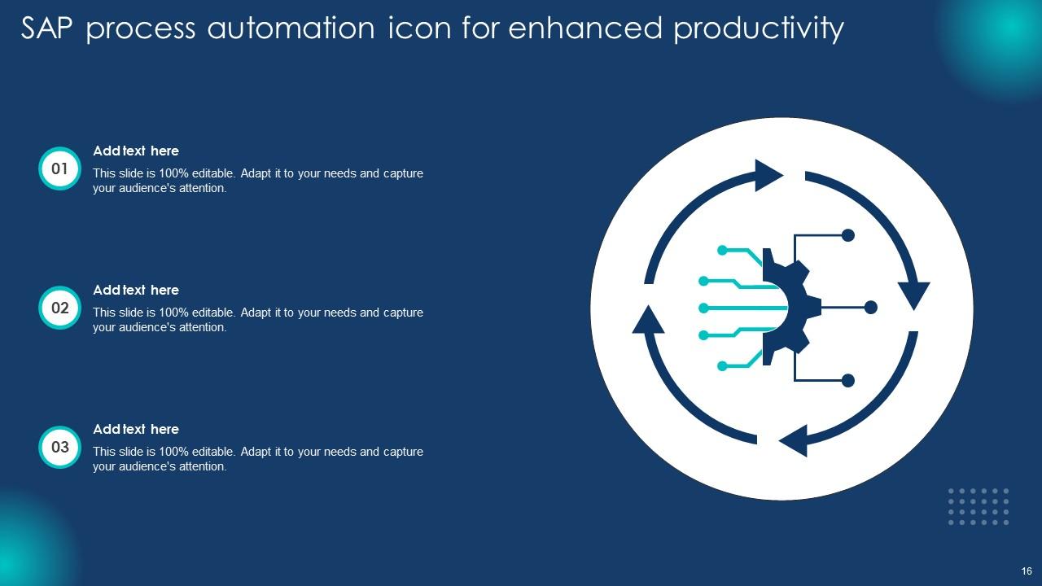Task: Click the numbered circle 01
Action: [x=59, y=169]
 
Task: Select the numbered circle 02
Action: [x=59, y=308]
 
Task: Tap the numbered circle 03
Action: [x=59, y=447]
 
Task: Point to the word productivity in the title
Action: [x=759, y=28]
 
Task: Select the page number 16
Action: [x=1027, y=571]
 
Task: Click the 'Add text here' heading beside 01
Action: [x=136, y=151]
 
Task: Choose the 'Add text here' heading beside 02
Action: [x=136, y=290]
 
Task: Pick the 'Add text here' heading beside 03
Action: [x=136, y=429]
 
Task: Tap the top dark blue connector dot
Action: [x=847, y=235]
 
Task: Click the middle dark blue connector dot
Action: [x=870, y=307]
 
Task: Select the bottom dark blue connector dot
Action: [x=847, y=380]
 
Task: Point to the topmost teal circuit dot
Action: [x=721, y=249]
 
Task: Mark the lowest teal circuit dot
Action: [x=721, y=366]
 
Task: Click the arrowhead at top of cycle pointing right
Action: [x=767, y=175]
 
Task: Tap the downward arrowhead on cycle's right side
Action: [x=913, y=294]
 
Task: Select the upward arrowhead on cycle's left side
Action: [x=649, y=320]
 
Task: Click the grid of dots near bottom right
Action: [x=979, y=506]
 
